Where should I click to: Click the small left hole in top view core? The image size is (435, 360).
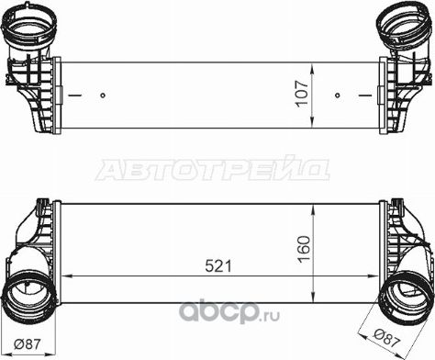(105, 95)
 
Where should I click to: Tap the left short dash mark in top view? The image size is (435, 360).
(76, 95)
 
